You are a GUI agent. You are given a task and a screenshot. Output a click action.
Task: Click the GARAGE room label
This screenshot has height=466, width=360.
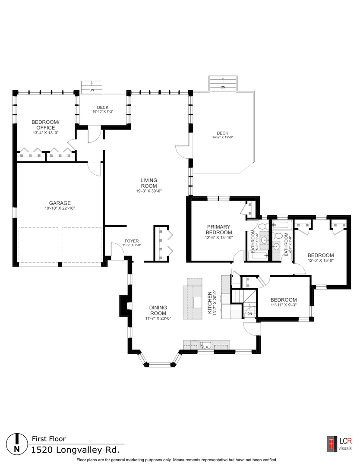click(x=60, y=203)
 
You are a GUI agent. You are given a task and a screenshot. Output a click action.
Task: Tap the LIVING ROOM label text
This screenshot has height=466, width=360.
click(x=148, y=183)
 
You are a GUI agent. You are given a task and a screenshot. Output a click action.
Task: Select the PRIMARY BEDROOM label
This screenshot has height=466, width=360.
click(x=218, y=229)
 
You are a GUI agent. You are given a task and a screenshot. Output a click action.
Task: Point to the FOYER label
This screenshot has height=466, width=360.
click(x=132, y=241)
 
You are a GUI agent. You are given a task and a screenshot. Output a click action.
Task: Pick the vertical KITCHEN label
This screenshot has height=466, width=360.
click(x=210, y=302)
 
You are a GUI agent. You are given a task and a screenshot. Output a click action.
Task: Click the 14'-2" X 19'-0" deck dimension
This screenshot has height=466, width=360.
click(x=222, y=138)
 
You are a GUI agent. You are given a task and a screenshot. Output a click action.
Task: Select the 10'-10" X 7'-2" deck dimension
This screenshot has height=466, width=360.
click(x=102, y=112)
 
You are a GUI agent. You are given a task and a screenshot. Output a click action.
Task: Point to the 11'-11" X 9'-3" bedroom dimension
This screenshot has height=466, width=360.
click(x=283, y=305)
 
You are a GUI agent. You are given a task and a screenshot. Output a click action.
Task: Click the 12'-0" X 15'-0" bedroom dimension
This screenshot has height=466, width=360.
click(x=320, y=260)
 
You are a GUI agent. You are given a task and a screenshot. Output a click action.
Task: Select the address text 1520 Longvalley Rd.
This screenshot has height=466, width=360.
click(x=75, y=450)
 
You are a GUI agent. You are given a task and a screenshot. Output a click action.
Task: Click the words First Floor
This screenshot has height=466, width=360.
click(x=49, y=439)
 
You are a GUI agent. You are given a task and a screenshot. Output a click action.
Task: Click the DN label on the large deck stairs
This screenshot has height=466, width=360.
click(x=223, y=88)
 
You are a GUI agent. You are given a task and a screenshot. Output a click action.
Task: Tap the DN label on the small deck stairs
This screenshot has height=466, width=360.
click(x=92, y=90)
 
